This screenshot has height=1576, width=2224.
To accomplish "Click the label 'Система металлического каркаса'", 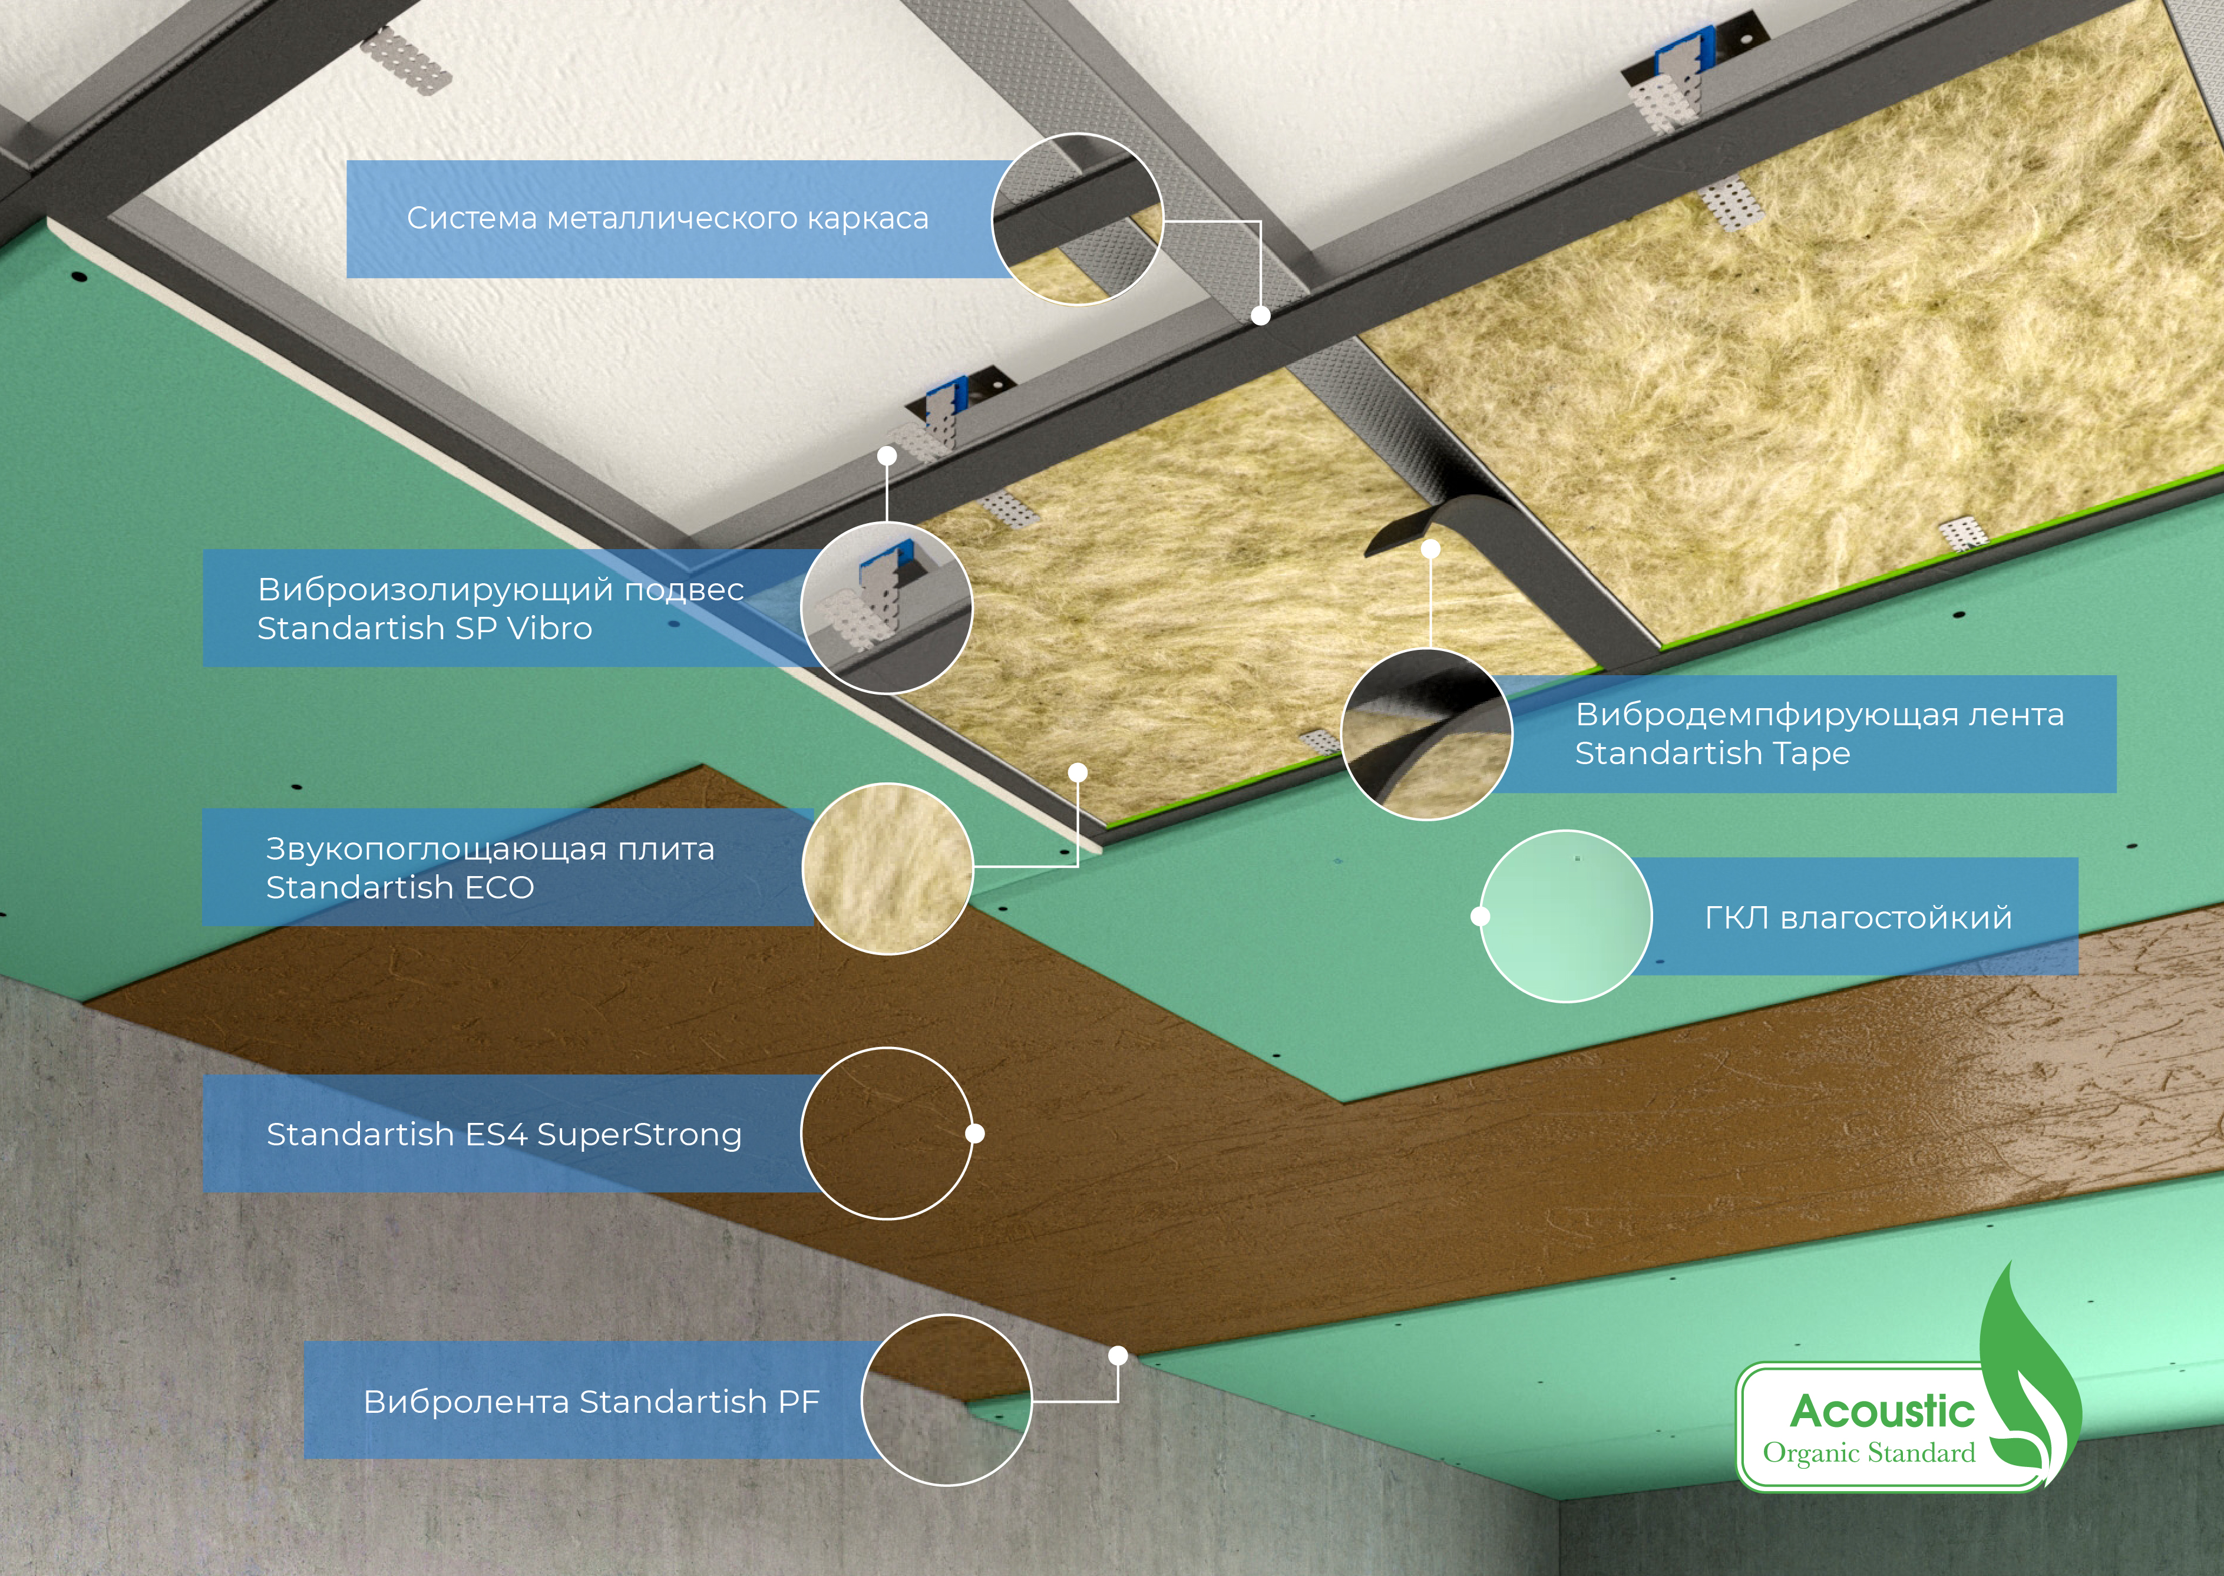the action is point(667,219).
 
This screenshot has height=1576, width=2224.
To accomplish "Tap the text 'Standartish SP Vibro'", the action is point(425,629).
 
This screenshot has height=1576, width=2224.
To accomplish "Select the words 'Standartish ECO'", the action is point(400,888).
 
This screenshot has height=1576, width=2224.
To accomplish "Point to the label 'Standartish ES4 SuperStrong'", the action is point(504,1135).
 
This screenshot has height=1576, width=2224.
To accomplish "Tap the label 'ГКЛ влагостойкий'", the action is point(1858,918).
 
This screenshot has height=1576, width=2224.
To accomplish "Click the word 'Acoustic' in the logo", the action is point(1882,1412).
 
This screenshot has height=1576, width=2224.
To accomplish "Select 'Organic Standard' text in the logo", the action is point(1869,1453).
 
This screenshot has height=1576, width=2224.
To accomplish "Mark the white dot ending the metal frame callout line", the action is point(1260,315).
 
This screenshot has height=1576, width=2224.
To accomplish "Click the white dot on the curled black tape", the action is point(1430,549).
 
